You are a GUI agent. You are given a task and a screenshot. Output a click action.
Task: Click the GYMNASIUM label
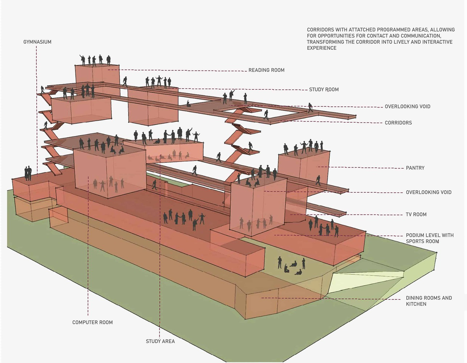coord(37,42)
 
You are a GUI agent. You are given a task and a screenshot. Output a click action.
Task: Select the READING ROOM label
coord(266,70)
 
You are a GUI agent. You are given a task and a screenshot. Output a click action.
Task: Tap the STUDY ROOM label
coord(324,90)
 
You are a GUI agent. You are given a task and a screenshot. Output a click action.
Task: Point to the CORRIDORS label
coord(398,123)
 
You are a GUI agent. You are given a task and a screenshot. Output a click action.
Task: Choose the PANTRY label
coord(415,168)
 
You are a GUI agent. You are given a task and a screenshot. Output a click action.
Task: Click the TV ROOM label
coord(416,215)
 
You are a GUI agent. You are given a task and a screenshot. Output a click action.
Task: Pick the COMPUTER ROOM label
coord(93,322)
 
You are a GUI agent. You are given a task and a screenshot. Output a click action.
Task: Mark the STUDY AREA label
coord(160,341)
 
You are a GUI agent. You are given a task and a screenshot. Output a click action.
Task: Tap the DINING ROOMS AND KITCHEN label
coord(429,301)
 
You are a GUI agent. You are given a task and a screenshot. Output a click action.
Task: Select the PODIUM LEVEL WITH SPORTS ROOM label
coord(430,238)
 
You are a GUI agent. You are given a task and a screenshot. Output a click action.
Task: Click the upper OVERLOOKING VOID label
coord(407,107)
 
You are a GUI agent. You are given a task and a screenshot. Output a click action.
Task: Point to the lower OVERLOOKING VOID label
coord(429,192)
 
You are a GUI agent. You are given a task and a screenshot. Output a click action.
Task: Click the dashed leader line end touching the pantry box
coord(318,167)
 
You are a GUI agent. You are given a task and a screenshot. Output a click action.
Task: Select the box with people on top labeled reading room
coord(97,75)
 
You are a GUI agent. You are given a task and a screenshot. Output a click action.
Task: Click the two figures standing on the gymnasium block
coord(28,173)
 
